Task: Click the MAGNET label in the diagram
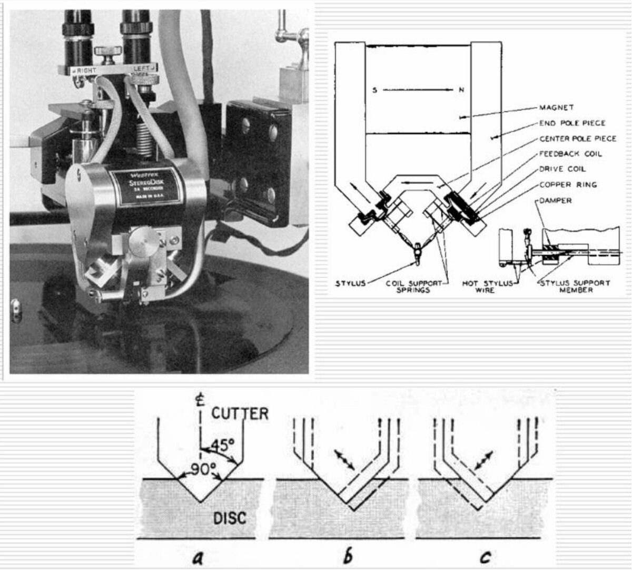click(x=557, y=107)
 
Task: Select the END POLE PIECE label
click(x=572, y=123)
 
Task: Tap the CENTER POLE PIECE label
click(x=577, y=139)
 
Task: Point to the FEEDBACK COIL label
click(x=570, y=154)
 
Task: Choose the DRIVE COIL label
click(x=562, y=169)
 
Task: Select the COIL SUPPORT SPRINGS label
click(x=421, y=286)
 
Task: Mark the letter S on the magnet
click(x=374, y=90)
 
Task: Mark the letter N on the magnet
click(x=461, y=90)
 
